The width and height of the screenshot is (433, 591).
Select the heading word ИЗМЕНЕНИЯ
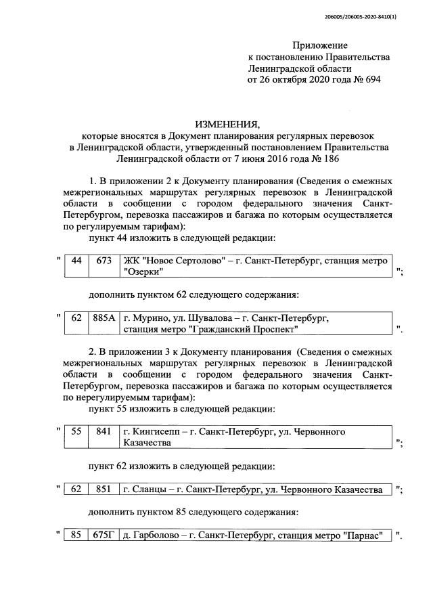[x=227, y=125]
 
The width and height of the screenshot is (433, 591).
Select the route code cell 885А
[x=104, y=318]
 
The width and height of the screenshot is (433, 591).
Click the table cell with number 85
[x=76, y=536]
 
